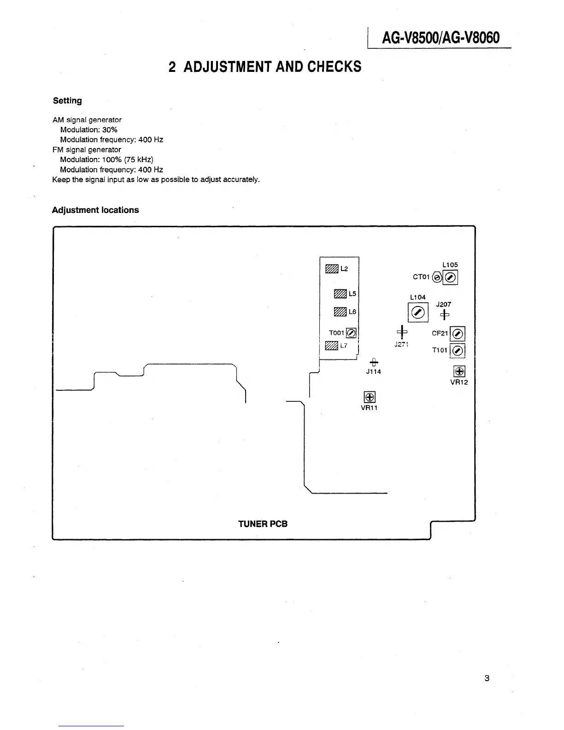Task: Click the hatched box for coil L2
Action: click(x=332, y=269)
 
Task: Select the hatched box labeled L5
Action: click(x=340, y=294)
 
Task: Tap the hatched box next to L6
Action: click(x=340, y=312)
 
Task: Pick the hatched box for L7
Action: click(x=331, y=346)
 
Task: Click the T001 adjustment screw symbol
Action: click(x=351, y=333)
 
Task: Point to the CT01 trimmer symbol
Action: click(x=438, y=277)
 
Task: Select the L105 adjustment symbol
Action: click(x=451, y=277)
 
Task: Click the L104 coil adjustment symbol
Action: click(x=418, y=313)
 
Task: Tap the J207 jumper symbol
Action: click(x=445, y=315)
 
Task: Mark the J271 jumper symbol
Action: click(x=402, y=332)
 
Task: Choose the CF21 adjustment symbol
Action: click(x=458, y=334)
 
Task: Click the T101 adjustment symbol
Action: click(x=458, y=351)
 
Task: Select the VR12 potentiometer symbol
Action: click(x=459, y=371)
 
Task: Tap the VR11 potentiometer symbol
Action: click(x=370, y=397)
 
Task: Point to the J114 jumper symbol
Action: click(x=374, y=362)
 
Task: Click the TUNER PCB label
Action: click(x=263, y=524)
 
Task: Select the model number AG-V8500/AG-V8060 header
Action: click(x=440, y=37)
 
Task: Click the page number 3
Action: click(x=487, y=678)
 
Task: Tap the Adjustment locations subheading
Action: click(x=95, y=210)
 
